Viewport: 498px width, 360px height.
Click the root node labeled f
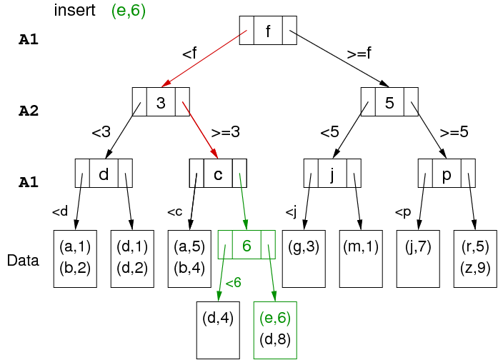click(268, 31)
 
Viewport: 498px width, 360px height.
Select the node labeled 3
click(161, 102)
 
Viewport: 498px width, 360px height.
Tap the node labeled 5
click(389, 102)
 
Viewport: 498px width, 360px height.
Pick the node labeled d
click(104, 174)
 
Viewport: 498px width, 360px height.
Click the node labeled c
click(218, 174)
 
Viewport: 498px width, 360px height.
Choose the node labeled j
click(332, 174)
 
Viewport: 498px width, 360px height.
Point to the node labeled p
click(447, 174)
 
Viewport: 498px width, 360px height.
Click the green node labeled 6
click(246, 245)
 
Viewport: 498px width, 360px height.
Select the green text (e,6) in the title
click(129, 11)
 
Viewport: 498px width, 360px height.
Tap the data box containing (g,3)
click(304, 259)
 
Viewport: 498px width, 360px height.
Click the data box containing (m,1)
click(361, 259)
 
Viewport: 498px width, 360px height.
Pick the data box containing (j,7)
click(418, 259)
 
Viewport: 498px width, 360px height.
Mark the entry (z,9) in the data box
click(474, 266)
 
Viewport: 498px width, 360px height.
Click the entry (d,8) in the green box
click(274, 338)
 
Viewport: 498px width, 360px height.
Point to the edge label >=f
click(359, 54)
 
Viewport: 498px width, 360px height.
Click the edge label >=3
click(226, 132)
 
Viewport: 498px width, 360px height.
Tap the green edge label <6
click(233, 283)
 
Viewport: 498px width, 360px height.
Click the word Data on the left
click(22, 261)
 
